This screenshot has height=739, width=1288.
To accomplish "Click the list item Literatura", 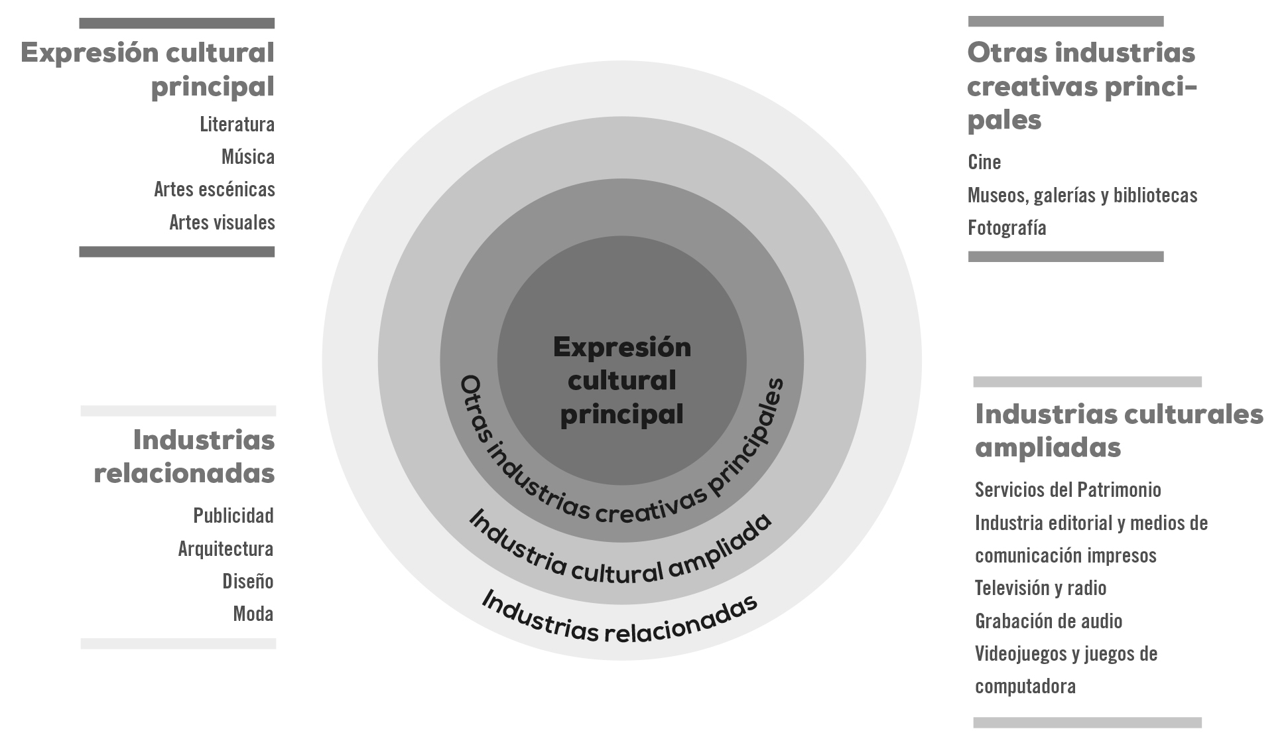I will (x=237, y=125).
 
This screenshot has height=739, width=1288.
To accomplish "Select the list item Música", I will (x=247, y=157).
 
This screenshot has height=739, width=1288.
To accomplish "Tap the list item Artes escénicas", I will (x=214, y=190).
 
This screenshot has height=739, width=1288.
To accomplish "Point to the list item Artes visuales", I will (x=222, y=223).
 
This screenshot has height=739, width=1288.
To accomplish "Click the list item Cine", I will (x=984, y=163).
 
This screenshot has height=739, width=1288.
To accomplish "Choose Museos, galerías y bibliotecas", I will (x=1082, y=196).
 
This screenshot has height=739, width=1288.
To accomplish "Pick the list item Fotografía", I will (x=1007, y=228).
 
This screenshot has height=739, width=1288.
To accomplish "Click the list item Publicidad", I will (x=233, y=516).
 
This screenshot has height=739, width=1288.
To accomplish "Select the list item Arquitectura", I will (x=225, y=549).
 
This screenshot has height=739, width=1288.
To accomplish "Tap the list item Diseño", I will (x=247, y=582).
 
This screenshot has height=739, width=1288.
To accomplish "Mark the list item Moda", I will (x=253, y=614).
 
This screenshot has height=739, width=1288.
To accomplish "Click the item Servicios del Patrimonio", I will (x=1068, y=490).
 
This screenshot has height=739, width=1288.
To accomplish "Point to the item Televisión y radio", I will (x=1041, y=588).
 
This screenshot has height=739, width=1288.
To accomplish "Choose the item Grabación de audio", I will (x=1049, y=622).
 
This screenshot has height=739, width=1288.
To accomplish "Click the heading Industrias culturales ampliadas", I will (x=1119, y=431).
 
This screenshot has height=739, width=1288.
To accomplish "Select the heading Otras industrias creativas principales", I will (x=1081, y=86).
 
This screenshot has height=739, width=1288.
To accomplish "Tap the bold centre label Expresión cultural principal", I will (x=621, y=381).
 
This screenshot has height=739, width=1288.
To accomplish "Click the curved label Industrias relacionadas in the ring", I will (x=619, y=621).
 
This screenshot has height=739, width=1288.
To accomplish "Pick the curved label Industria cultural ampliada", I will (x=620, y=557).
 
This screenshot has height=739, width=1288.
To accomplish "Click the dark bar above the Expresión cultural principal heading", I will (x=176, y=24).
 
